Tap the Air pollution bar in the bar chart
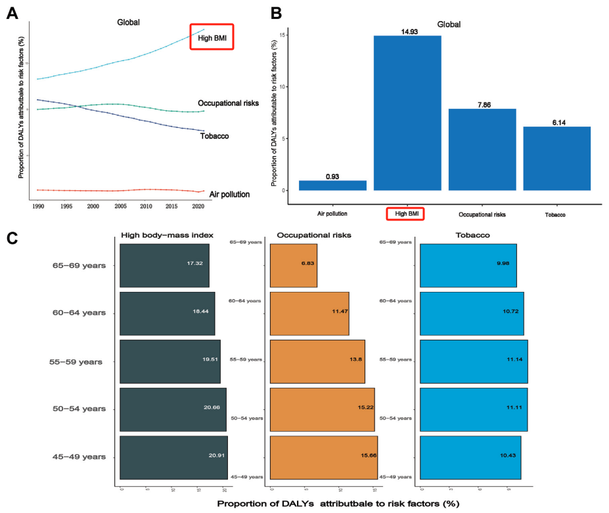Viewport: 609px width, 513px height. pyautogui.click(x=332, y=185)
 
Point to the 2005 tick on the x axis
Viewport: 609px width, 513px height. pyautogui.click(x=117, y=205)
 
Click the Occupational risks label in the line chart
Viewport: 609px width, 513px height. pyautogui.click(x=227, y=104)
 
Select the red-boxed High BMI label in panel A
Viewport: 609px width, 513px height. pyautogui.click(x=212, y=38)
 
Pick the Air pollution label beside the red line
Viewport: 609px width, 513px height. pyautogui.click(x=229, y=195)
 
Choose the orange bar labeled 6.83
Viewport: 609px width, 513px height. pyautogui.click(x=293, y=266)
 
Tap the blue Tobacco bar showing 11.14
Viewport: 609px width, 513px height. pyautogui.click(x=473, y=361)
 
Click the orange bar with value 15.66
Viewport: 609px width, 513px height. pyautogui.click(x=323, y=457)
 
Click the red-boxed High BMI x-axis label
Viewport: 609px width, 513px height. pyautogui.click(x=405, y=214)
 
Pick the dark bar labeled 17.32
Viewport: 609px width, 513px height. pyautogui.click(x=164, y=266)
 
